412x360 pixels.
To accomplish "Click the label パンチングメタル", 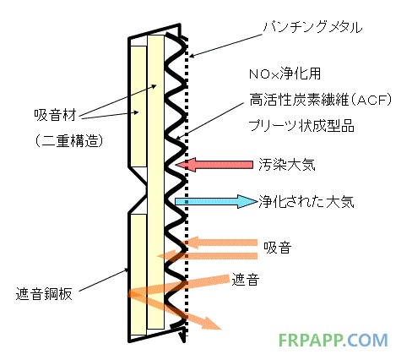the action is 312,28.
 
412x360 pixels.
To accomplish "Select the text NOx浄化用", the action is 285,74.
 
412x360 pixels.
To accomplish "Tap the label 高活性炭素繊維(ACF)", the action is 320,100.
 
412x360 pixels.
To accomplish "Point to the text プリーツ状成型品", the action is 301,126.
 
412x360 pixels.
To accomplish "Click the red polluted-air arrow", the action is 214,165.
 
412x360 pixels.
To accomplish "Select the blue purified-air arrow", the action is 216,201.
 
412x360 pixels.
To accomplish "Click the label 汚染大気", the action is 287,165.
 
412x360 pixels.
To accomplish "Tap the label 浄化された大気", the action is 306,202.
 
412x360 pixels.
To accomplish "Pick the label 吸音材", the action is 55,115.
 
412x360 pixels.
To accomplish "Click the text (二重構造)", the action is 68,140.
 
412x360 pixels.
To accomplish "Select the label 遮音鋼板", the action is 44,294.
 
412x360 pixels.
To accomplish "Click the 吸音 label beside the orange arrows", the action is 277,248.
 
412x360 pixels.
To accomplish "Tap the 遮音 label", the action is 245,280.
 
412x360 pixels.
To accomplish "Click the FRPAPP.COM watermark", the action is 333,341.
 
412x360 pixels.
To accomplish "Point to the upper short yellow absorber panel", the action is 138,106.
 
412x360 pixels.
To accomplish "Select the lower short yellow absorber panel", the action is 138,275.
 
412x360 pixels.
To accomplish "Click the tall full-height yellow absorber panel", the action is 155,182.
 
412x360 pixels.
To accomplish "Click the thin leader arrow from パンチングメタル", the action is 225,46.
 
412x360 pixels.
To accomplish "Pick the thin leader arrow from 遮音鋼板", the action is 103,280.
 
